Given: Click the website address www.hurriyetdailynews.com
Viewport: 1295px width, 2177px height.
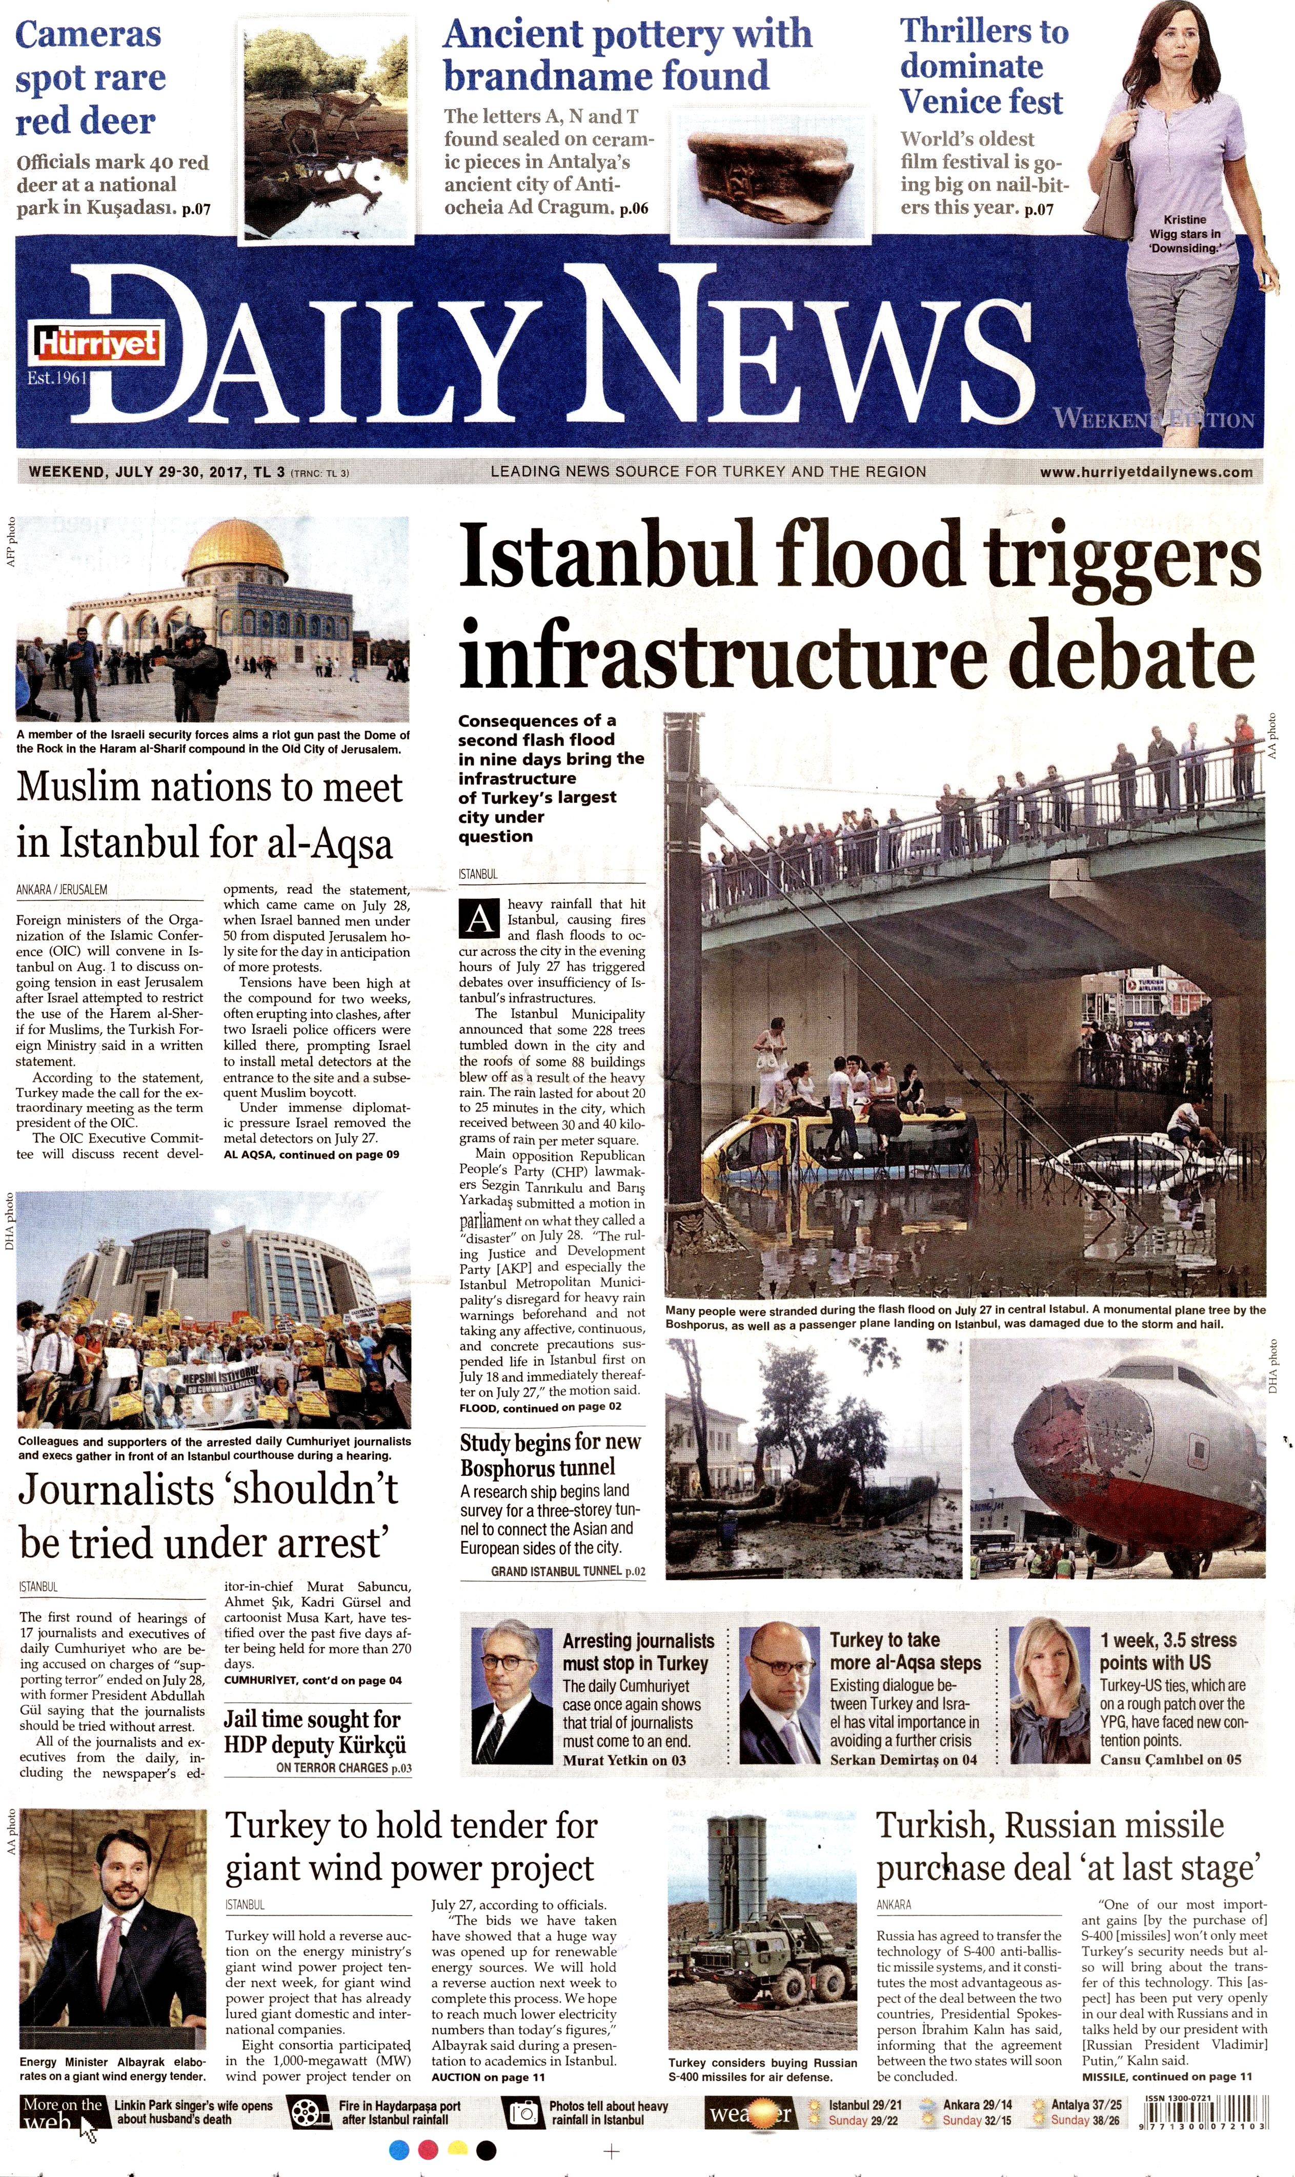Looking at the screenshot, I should [x=1146, y=472].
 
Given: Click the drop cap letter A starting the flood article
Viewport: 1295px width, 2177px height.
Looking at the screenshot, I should [x=479, y=919].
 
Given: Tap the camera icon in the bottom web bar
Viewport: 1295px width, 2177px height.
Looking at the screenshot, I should [x=524, y=2112].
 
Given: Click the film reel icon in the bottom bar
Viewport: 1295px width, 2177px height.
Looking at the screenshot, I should [x=306, y=2112].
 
